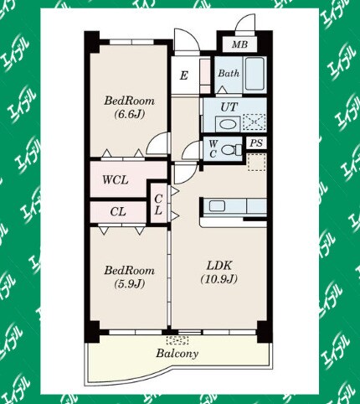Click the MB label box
coord(239,44)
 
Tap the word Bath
coord(229,74)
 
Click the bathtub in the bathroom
coord(255,74)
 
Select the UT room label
coord(229,107)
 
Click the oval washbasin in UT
coord(228,124)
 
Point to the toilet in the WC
coord(232,150)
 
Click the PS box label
coord(256,143)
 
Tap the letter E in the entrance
coord(183,75)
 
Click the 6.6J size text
coord(129,114)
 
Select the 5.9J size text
coord(129,284)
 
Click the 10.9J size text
coord(219,279)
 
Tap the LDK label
coord(219,266)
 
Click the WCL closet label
coord(116,180)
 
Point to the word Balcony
coord(177,354)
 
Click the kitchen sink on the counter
coord(217,206)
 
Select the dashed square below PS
coord(257,162)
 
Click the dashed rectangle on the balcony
coord(177,340)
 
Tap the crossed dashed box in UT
coord(254,122)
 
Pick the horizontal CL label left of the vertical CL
coord(118,212)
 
